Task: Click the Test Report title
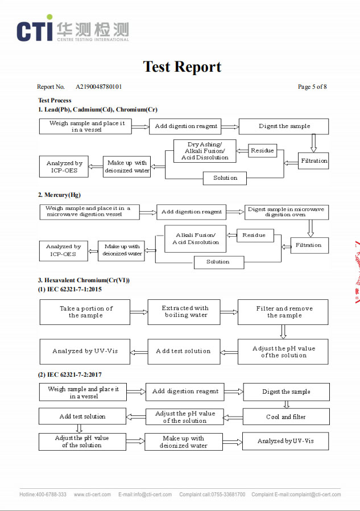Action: [x=182, y=67]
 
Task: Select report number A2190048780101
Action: [x=99, y=87]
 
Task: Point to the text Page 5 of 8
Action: [x=312, y=87]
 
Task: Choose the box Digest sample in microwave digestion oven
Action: [x=286, y=212]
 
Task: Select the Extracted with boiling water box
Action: [x=184, y=312]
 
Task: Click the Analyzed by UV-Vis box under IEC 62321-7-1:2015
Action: [x=85, y=351]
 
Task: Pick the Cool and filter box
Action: [x=285, y=417]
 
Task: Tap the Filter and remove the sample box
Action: [x=283, y=312]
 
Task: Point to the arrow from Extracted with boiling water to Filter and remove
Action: [x=229, y=312]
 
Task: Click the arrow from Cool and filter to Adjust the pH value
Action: [x=233, y=417]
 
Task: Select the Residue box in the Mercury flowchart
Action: [x=254, y=235]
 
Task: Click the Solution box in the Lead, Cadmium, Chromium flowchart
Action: [x=225, y=178]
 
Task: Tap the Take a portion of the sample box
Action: [x=85, y=312]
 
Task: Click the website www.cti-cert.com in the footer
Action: [x=92, y=494]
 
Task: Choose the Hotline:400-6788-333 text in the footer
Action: [x=43, y=494]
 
